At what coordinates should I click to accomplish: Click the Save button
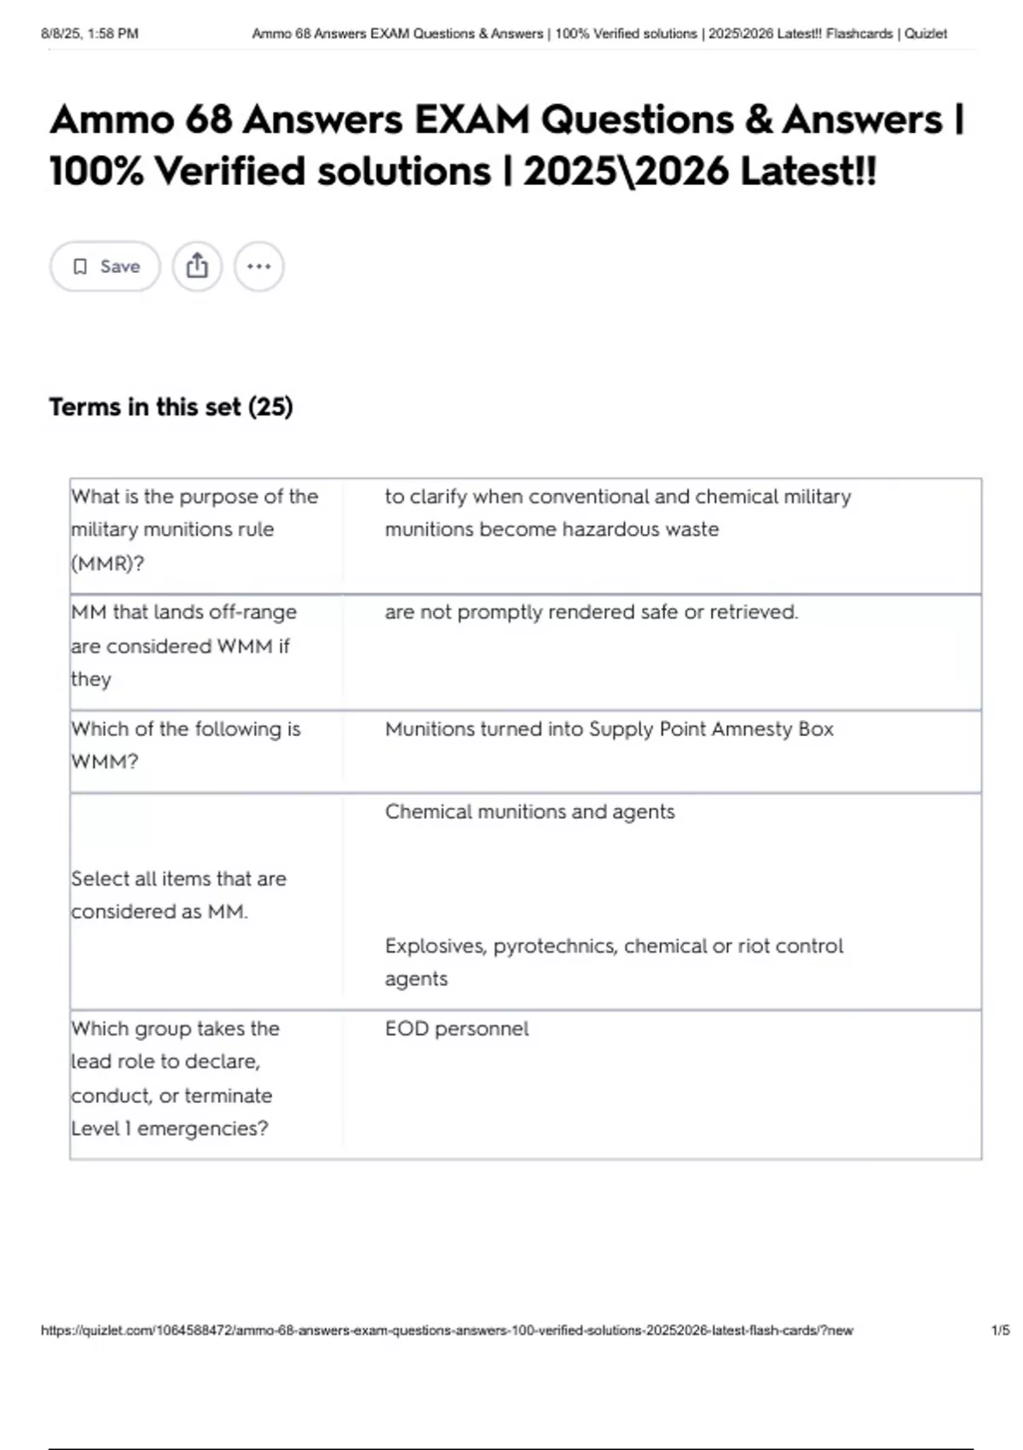pyautogui.click(x=105, y=267)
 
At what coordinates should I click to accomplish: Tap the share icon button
pyautogui.click(x=197, y=266)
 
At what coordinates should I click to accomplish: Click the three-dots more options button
pyautogui.click(x=258, y=266)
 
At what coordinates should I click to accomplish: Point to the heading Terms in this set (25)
pyautogui.click(x=170, y=407)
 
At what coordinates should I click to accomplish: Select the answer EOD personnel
pyautogui.click(x=456, y=1029)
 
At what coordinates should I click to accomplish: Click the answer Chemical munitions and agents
pyautogui.click(x=529, y=812)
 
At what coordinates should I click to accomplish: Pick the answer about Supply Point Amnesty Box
pyautogui.click(x=609, y=729)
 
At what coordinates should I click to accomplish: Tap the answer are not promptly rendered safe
pyautogui.click(x=591, y=612)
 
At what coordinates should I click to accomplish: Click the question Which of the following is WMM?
pyautogui.click(x=185, y=745)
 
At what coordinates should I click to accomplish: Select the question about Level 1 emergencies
pyautogui.click(x=175, y=1078)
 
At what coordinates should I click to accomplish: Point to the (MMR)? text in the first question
pyautogui.click(x=107, y=563)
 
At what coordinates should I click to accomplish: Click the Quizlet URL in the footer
pyautogui.click(x=447, y=1330)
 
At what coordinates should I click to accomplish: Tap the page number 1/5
pyautogui.click(x=1000, y=1330)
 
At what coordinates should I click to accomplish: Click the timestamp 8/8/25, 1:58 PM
pyautogui.click(x=90, y=34)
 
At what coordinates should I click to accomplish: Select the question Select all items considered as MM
pyautogui.click(x=178, y=895)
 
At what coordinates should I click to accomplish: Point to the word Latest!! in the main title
pyautogui.click(x=807, y=171)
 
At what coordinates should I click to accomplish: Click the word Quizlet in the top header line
pyautogui.click(x=926, y=34)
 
